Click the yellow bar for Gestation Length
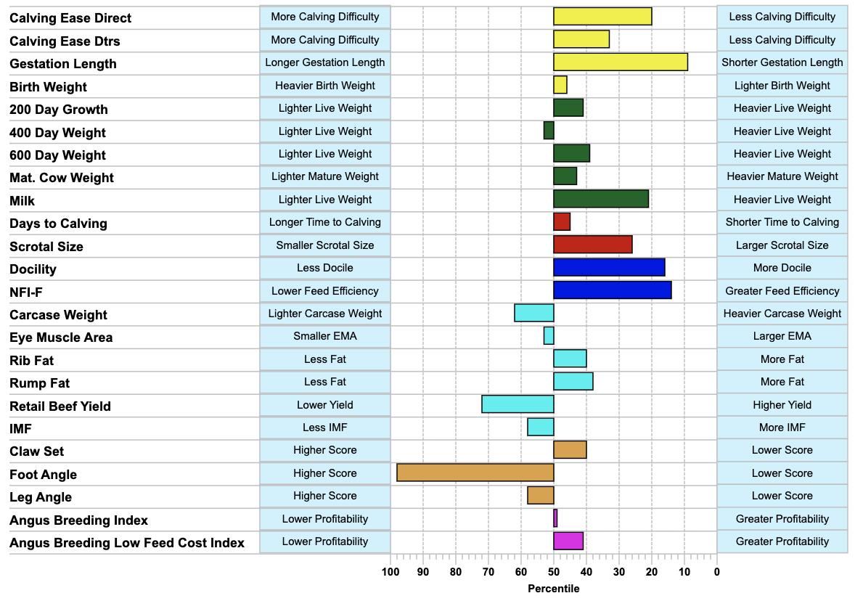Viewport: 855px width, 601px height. [621, 62]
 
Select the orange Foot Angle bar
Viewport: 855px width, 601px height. [475, 473]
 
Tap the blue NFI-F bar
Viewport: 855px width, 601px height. [613, 290]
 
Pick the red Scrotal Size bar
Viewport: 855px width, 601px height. [593, 245]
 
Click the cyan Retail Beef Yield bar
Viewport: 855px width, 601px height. [518, 404]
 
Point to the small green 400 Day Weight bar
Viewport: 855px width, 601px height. [549, 131]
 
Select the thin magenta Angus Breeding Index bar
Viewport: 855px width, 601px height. [555, 518]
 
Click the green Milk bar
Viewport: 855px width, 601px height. [601, 199]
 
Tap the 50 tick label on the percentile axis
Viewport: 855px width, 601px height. [554, 572]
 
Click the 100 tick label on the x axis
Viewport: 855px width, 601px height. [390, 572]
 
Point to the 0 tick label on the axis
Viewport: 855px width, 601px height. [716, 572]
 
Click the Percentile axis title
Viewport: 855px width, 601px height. [554, 589]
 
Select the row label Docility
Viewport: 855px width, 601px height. [33, 269]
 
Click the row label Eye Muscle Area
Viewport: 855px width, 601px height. [61, 338]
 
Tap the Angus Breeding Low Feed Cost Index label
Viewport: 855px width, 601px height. [127, 543]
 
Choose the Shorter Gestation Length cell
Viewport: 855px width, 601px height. [782, 62]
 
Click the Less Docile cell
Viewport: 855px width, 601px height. [325, 268]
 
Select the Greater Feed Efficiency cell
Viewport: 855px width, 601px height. [782, 290]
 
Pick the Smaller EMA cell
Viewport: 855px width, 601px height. [325, 336]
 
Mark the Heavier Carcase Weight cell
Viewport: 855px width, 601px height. [782, 314]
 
